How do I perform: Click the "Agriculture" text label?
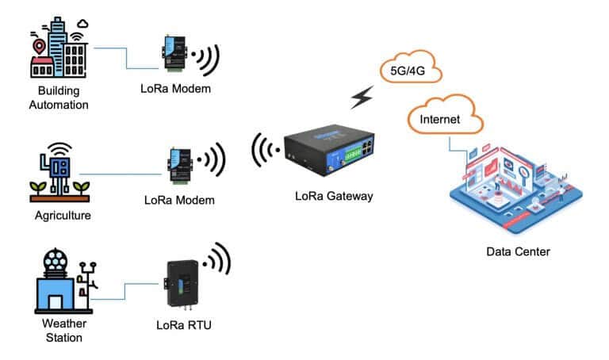63,215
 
